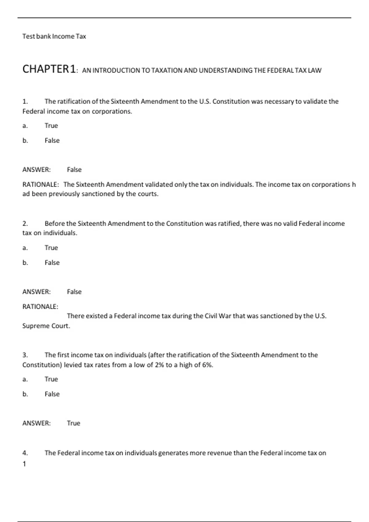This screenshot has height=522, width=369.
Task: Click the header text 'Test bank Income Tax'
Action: coord(54,36)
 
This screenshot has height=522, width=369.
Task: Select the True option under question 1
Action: coord(51,126)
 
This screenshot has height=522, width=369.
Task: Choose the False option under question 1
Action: coord(52,140)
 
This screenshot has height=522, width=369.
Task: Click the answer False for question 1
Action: coord(74,169)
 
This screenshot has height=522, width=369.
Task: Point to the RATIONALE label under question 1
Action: coord(40,185)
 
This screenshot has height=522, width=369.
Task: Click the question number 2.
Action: coord(25,224)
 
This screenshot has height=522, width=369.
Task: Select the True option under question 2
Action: coord(51,248)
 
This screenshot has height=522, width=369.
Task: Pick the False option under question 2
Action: coord(52,263)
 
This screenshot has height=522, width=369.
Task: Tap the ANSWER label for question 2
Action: coord(36,292)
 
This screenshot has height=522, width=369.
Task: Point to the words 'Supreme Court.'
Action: coord(46,326)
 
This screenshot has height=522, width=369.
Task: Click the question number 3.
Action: coord(25,355)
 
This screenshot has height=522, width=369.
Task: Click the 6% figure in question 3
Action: coord(207,365)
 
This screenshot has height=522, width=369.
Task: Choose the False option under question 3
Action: coord(52,394)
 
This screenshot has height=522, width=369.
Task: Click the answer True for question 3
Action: coord(73,423)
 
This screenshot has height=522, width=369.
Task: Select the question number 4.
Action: coord(25,453)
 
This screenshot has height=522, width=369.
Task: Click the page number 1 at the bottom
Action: coord(24,464)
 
